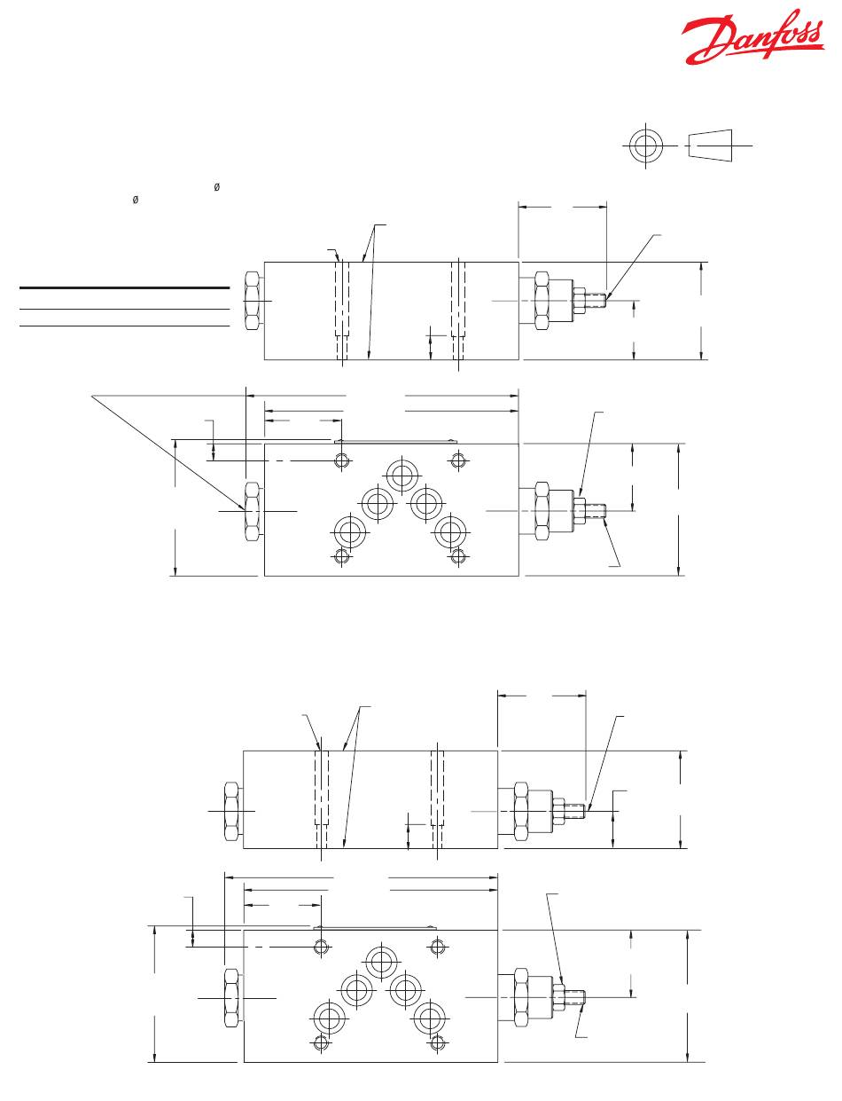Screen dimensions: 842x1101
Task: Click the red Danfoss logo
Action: pos(752,37)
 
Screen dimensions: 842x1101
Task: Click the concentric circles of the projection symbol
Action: pos(645,145)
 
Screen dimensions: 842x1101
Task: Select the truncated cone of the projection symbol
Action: pos(711,145)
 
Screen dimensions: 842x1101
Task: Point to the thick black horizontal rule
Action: pos(124,287)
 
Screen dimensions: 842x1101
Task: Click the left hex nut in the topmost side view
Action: pos(253,301)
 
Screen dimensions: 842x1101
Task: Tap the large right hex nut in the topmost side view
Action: pos(542,301)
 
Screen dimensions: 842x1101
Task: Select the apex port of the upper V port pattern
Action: pos(402,475)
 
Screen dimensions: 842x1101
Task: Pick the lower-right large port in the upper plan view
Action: pos(450,531)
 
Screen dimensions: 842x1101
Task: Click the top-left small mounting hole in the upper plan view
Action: pos(343,460)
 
